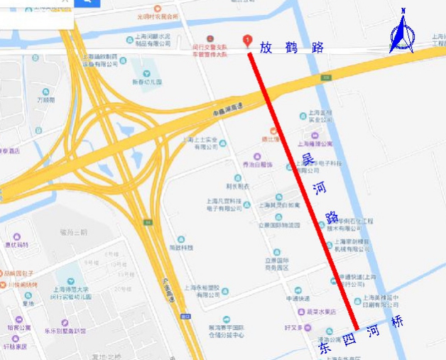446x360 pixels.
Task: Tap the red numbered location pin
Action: point(247,40)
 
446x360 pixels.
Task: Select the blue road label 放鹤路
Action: point(291,48)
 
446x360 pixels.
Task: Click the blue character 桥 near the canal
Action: point(397,321)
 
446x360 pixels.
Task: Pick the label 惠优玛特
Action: point(16,245)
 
